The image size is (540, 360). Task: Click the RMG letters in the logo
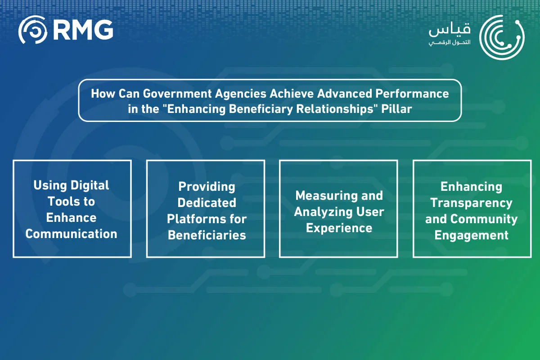[x=82, y=30]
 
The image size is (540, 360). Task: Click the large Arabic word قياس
[x=450, y=30]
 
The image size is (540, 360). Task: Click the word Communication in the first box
[x=72, y=234]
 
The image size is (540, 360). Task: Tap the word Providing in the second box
[x=207, y=186]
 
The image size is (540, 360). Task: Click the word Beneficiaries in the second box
[x=207, y=235]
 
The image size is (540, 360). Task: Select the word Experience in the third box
[x=339, y=228]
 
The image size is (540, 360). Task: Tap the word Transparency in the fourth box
[x=471, y=202]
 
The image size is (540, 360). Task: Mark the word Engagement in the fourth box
[x=471, y=235]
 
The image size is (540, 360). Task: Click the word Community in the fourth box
[x=484, y=219]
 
